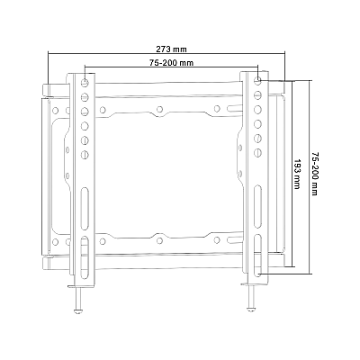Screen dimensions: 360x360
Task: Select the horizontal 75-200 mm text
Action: pos(171,63)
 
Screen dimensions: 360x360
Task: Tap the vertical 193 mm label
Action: pos(297,173)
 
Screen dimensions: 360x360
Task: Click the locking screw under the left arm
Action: pos(76,296)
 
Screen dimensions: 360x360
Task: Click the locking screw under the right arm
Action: pos(250,296)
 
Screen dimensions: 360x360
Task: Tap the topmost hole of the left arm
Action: pos(85,82)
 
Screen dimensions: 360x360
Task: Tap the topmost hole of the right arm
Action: pos(258,82)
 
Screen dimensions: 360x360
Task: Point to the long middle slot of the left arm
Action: pos(85,202)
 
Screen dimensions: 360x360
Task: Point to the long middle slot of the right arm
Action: pos(258,202)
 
